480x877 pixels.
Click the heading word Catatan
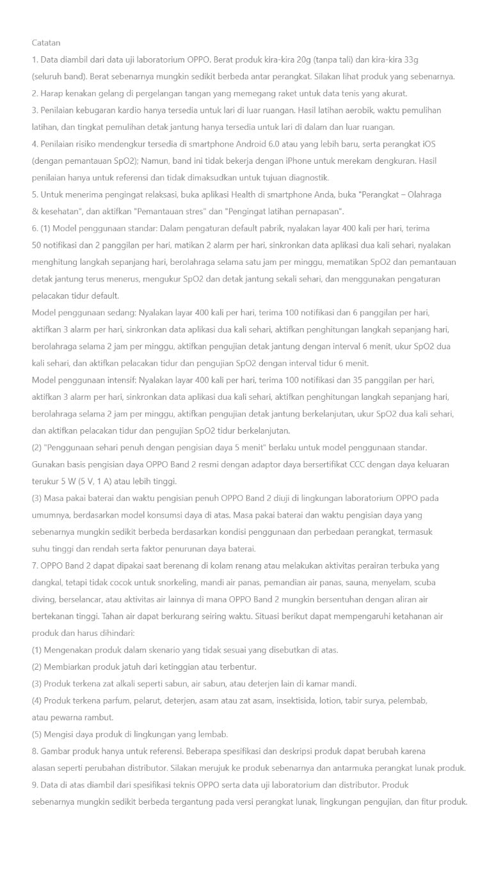tap(46, 43)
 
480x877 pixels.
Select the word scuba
tap(424, 583)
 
